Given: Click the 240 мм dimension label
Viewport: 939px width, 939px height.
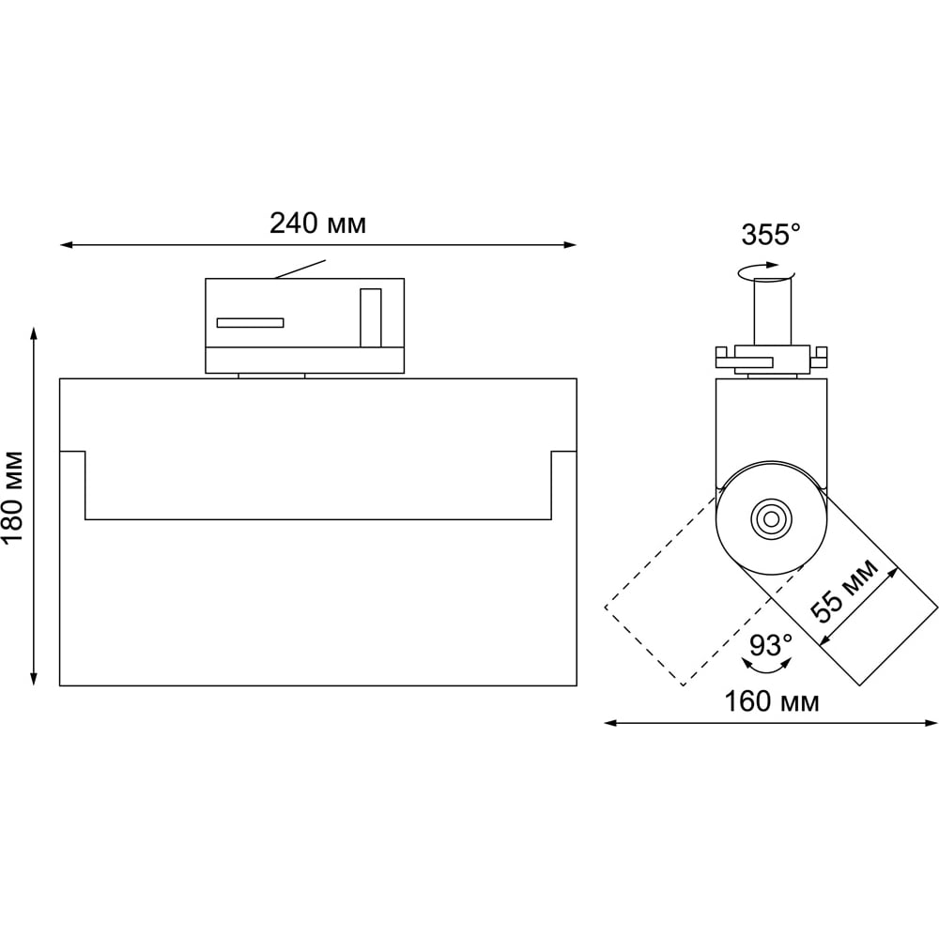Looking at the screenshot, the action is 317,224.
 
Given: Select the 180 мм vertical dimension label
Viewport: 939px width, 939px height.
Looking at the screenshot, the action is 13,498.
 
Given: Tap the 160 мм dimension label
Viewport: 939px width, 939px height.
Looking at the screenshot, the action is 772,701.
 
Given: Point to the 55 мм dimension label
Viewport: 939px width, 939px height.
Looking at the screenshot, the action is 844,591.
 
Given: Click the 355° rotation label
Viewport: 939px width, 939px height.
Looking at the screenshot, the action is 771,235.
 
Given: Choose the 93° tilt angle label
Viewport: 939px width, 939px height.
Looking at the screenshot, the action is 771,645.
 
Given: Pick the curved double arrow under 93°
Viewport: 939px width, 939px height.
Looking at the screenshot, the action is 766,664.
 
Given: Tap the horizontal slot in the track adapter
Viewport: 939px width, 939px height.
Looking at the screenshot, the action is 251,323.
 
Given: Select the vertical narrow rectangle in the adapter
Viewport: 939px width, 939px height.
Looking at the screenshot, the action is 371,318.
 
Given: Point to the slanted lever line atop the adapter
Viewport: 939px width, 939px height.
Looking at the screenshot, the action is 300,269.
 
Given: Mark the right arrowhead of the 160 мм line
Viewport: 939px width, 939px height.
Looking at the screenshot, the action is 931,723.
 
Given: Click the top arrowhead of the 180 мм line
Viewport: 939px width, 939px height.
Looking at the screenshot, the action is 34,333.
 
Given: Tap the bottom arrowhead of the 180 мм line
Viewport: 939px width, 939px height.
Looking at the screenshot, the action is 34,679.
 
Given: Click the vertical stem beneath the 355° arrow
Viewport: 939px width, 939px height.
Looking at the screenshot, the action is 773,312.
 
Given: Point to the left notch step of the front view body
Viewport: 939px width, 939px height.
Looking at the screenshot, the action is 72,485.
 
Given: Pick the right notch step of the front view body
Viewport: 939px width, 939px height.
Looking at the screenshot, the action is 564,485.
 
